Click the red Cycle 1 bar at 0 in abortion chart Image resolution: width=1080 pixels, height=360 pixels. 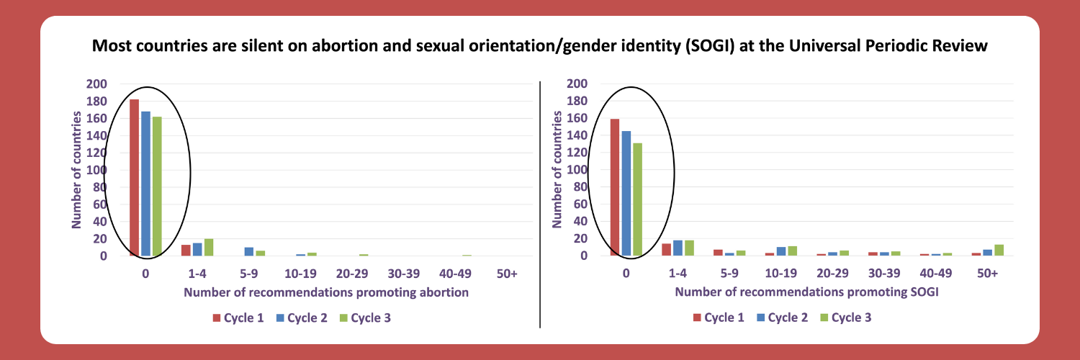134,177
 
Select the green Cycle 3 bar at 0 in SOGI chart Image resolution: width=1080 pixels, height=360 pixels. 637,199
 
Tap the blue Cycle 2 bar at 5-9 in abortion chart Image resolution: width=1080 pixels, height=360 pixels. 249,251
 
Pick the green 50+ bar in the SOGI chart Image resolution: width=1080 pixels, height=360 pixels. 999,250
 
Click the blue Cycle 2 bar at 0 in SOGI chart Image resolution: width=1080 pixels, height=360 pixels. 626,193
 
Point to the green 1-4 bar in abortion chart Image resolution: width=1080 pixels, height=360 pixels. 209,247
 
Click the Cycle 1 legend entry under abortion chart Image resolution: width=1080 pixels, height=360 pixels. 238,318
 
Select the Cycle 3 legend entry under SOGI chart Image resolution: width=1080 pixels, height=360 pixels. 846,318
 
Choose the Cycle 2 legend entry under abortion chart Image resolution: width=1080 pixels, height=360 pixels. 302,318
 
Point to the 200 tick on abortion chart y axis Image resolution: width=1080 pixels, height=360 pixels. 96,84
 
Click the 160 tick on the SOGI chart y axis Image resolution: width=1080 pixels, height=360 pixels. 577,118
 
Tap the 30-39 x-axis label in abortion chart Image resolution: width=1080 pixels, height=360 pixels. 403,274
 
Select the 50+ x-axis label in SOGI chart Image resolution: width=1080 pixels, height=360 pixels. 987,274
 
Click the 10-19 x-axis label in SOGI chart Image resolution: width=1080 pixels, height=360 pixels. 780,274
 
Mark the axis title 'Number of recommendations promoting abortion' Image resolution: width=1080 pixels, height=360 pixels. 326,292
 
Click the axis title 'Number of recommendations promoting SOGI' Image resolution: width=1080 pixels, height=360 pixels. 806,292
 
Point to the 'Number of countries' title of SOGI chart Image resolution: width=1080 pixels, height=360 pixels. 557,170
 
